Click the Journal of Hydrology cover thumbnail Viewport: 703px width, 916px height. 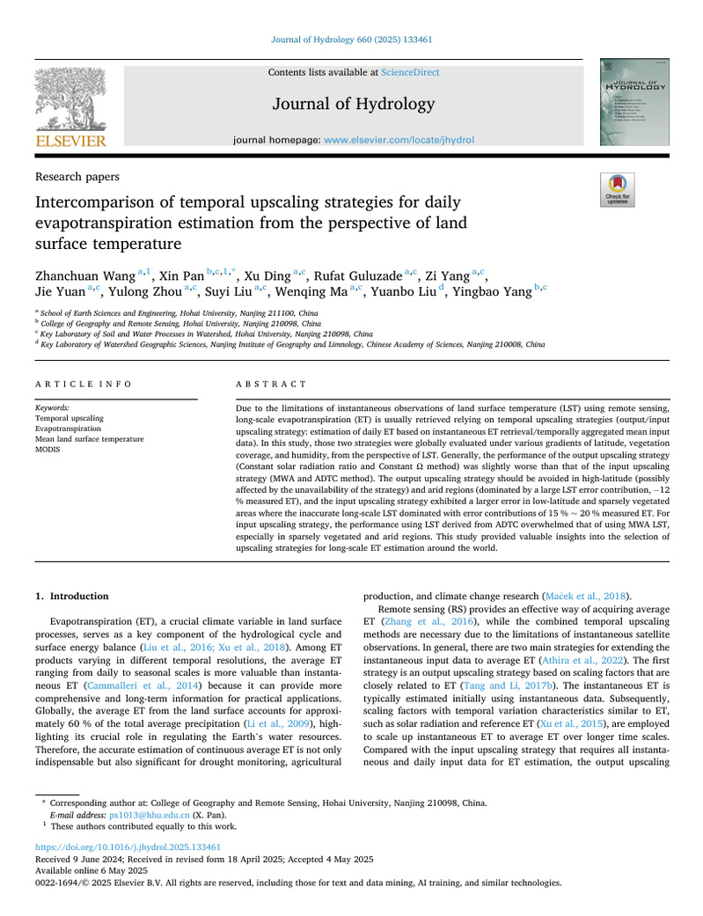click(x=630, y=102)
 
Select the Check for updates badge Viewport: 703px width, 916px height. click(x=616, y=189)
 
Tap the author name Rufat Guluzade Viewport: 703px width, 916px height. click(x=350, y=276)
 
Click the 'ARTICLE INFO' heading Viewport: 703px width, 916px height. click(x=84, y=385)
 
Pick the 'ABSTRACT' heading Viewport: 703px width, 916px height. click(x=273, y=385)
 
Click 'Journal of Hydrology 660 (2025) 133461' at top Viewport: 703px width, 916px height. click(x=352, y=39)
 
